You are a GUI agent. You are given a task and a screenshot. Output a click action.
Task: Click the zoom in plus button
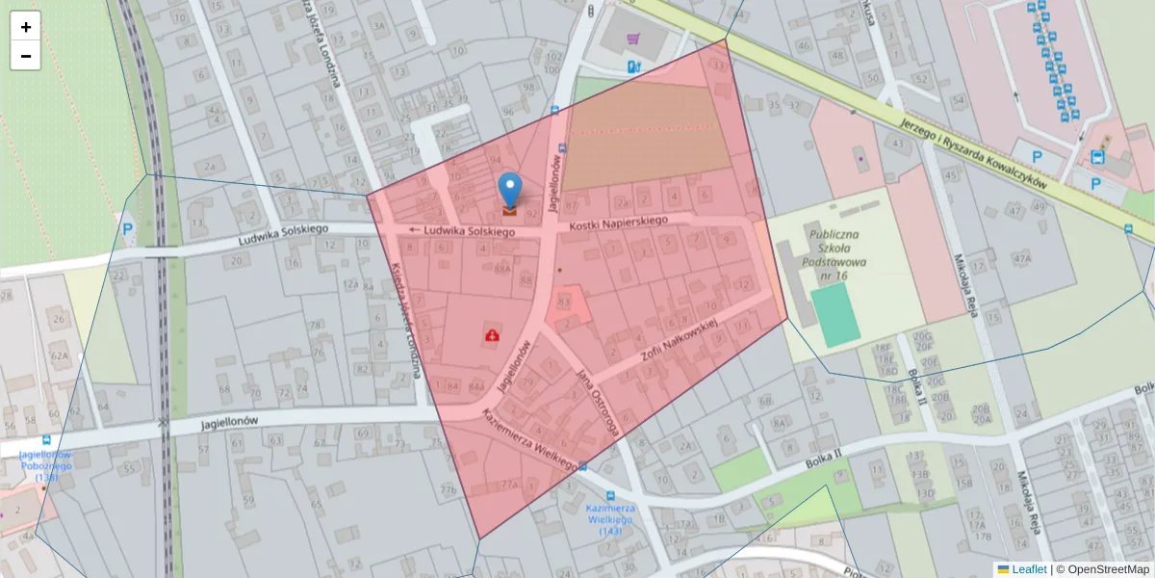click(26, 27)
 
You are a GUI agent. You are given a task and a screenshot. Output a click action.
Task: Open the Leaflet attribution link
click(1029, 569)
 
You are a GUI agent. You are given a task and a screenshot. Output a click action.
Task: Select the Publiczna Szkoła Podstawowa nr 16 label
click(838, 255)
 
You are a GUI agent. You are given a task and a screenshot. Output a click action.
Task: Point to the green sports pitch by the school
click(834, 315)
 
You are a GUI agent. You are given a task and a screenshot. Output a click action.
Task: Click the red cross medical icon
click(493, 336)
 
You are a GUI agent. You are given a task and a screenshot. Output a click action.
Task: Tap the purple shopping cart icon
click(632, 39)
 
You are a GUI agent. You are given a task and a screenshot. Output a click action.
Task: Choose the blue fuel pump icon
click(632, 66)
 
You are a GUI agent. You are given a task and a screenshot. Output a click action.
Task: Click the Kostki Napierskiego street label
click(618, 222)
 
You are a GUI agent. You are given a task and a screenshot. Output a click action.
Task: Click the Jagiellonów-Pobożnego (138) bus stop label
click(46, 465)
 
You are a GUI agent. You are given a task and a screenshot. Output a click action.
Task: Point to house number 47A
click(1021, 258)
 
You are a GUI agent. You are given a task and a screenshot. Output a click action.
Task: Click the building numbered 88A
click(502, 271)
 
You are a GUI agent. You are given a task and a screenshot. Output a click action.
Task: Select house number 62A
click(60, 355)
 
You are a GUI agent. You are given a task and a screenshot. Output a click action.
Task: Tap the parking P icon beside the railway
click(128, 229)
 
